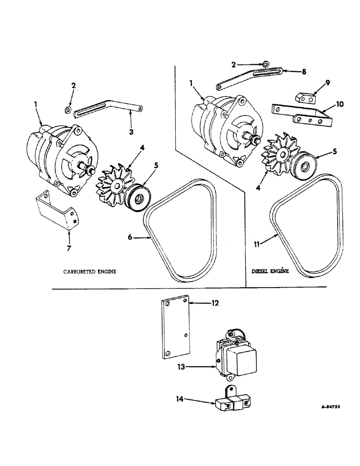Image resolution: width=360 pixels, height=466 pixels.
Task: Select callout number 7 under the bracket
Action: pyautogui.click(x=69, y=247)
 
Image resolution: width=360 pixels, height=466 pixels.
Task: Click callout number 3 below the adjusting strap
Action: pyautogui.click(x=131, y=132)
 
